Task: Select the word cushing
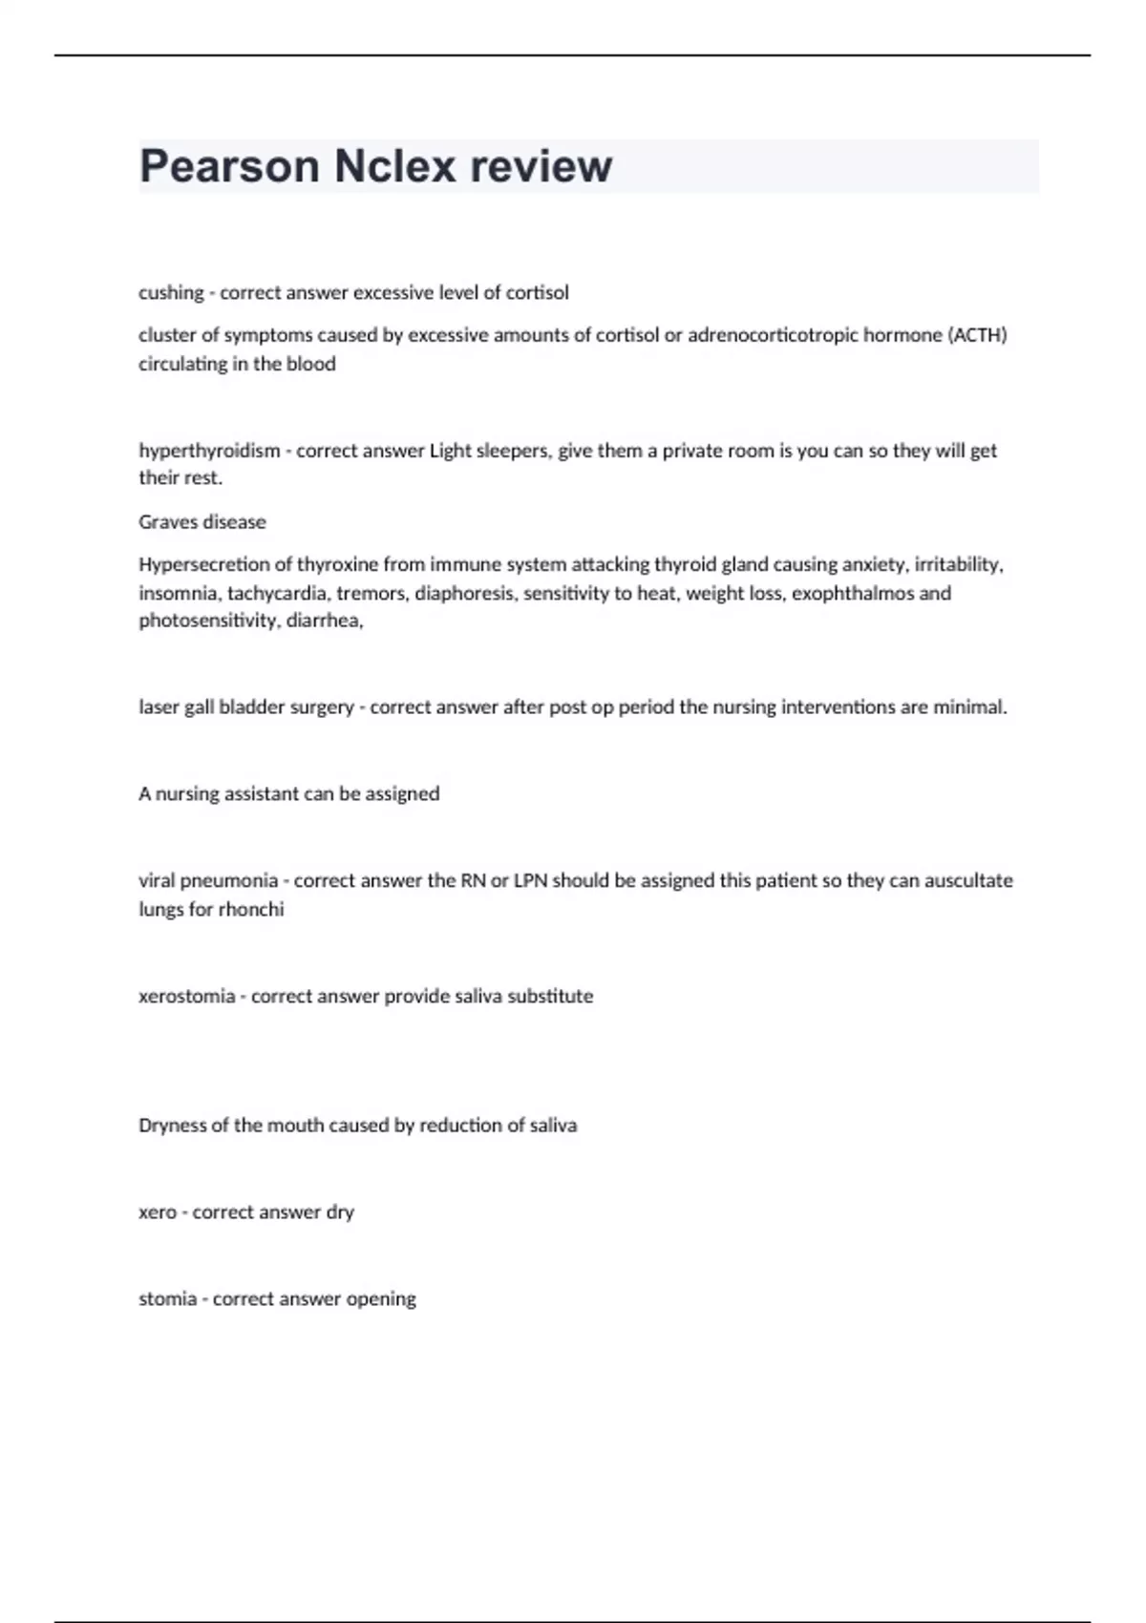point(171,292)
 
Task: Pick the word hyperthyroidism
point(209,451)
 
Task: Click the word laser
point(159,707)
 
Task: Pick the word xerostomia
point(186,996)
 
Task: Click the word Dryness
point(172,1126)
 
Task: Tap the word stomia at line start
point(167,1298)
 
